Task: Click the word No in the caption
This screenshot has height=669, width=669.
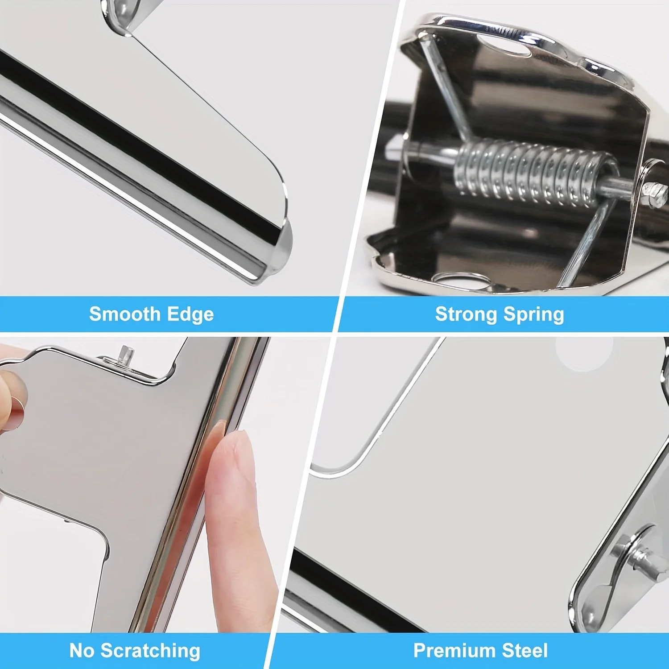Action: tap(82, 651)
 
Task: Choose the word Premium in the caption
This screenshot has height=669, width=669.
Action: tap(454, 651)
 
